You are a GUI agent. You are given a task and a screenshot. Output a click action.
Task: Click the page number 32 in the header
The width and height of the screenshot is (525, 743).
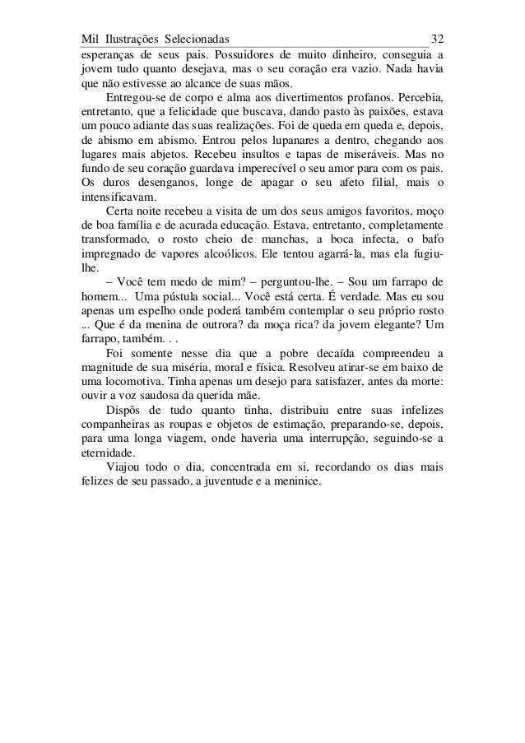pos(438,39)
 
